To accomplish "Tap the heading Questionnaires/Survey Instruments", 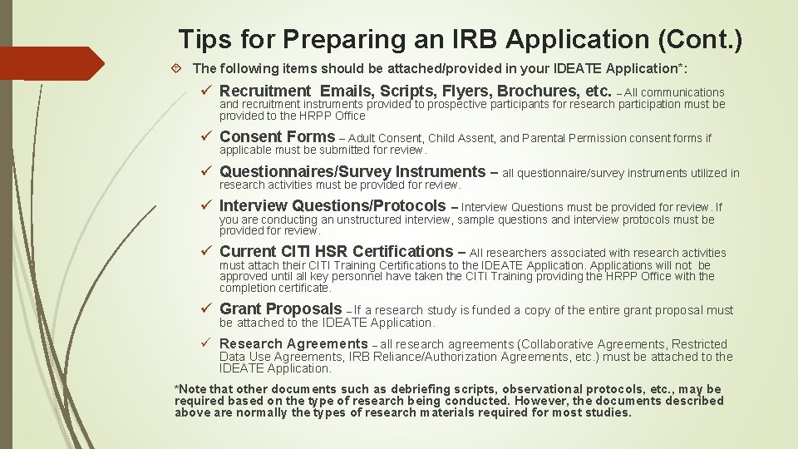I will tap(352, 172).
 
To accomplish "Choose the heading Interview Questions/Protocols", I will tap(332, 206).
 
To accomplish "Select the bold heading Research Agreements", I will tap(293, 343).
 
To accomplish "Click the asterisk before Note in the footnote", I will tap(176, 388).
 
